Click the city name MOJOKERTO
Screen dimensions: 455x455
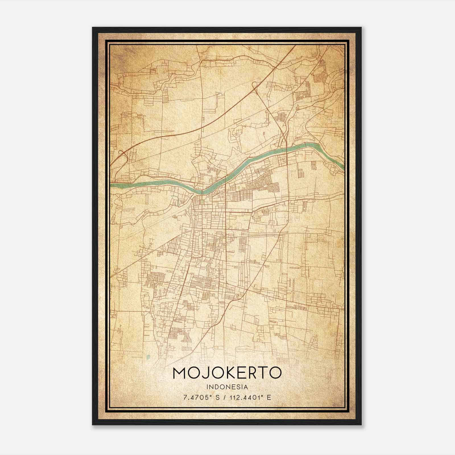227,373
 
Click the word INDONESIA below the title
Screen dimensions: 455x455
227,387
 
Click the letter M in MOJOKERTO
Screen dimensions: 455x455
179,373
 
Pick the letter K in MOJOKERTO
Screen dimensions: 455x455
229,373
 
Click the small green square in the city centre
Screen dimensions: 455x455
202,202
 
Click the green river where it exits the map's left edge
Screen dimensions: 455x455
111,185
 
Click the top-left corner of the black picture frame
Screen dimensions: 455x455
93,28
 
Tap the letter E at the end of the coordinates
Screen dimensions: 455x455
269,398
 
